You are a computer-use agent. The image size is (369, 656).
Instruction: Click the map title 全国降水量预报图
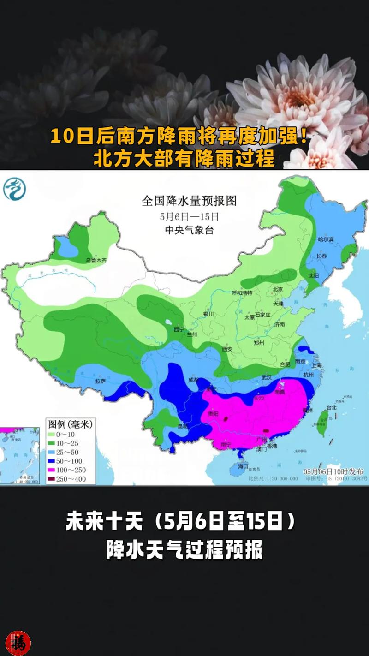point(189,201)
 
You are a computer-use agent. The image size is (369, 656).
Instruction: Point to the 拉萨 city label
point(101,381)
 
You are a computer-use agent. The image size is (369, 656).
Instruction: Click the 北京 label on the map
point(277,289)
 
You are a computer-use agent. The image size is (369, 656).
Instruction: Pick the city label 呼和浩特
point(242,293)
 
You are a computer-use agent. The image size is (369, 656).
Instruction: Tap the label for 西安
point(227,349)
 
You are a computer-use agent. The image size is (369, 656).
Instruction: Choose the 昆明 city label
point(183,426)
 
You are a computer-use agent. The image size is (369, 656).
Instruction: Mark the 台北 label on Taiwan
point(331,407)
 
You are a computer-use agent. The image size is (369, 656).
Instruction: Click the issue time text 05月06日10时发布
point(333,471)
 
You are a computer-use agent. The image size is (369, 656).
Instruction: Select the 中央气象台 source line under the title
point(189,230)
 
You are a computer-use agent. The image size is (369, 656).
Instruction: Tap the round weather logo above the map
point(14,189)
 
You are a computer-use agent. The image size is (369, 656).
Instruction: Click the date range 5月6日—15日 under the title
point(189,216)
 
